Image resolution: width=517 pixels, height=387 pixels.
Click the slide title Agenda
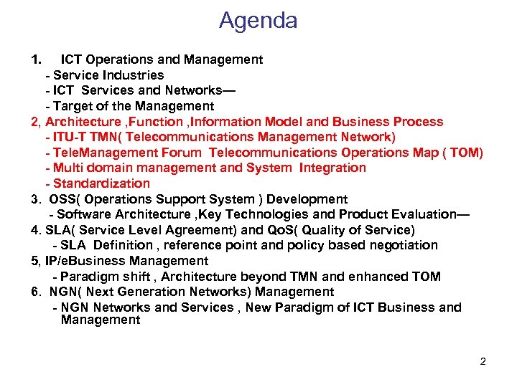point(258,21)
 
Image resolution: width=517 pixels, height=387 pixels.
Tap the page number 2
point(483,361)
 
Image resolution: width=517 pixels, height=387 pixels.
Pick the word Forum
point(182,153)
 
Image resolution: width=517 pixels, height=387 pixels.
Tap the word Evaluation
point(426,214)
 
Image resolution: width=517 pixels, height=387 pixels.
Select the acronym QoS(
point(279,230)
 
